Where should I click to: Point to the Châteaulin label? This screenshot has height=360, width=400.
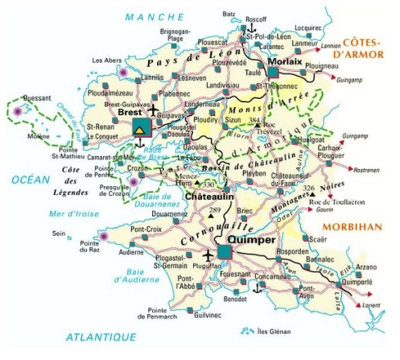click(206, 197)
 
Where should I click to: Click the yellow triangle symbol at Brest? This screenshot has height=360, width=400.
click(140, 129)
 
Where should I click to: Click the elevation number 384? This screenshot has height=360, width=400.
click(256, 122)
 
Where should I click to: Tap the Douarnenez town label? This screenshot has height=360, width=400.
click(169, 213)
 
